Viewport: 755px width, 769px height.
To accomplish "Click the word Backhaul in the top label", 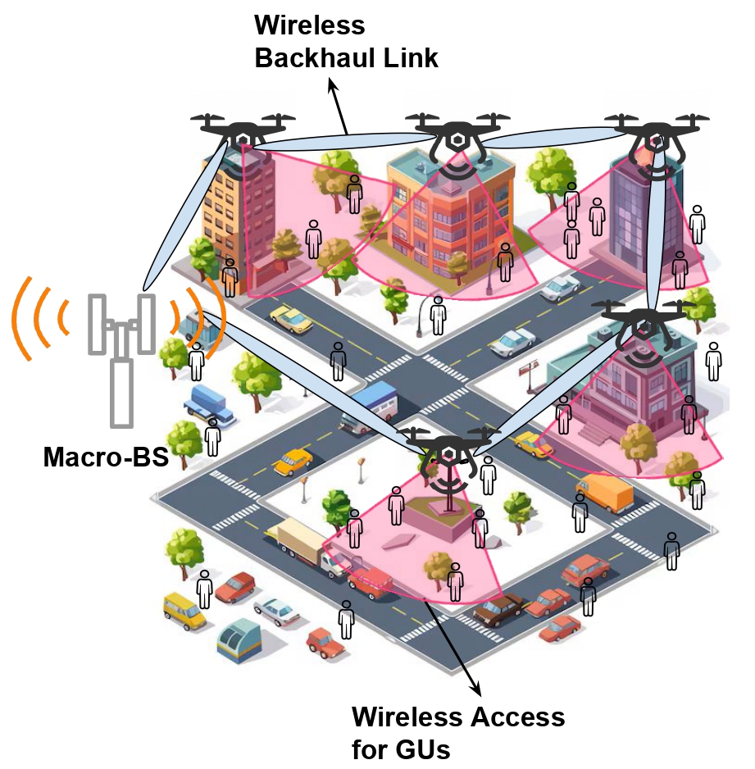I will [307, 58].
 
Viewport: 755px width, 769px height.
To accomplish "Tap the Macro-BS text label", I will [105, 457].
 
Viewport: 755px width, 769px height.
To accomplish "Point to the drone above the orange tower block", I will [243, 130].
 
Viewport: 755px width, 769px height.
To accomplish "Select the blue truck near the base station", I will [211, 403].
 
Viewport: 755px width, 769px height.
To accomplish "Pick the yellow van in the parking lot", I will [184, 610].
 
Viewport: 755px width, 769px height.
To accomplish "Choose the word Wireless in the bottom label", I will [404, 717].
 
